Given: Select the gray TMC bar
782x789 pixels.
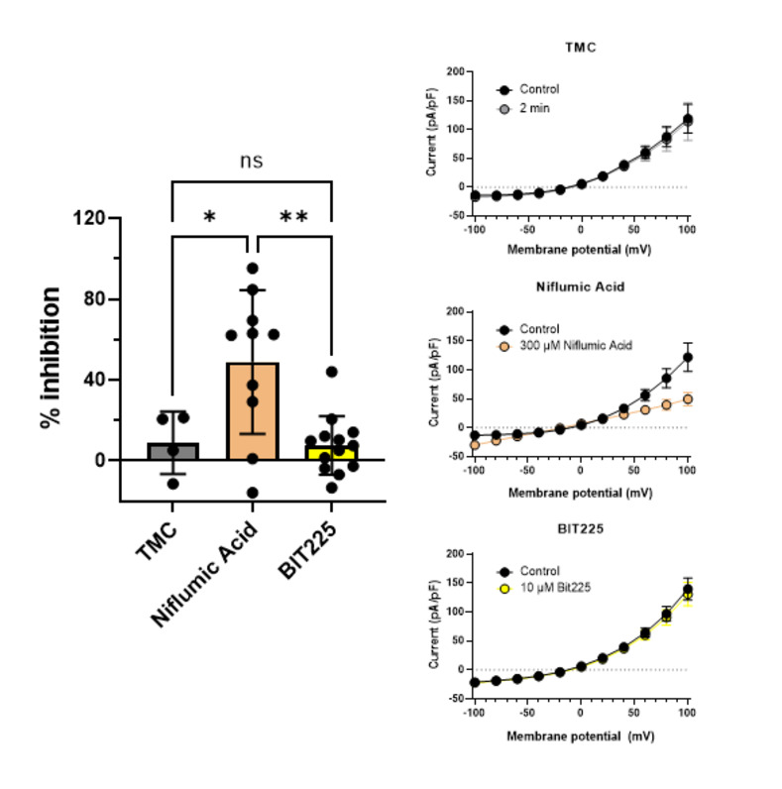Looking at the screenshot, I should (x=172, y=451).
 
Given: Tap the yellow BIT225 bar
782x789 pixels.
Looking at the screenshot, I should (x=330, y=453).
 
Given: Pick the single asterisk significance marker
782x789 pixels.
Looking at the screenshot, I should (x=210, y=218).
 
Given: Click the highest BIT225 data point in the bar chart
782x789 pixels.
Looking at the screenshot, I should (x=331, y=372).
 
